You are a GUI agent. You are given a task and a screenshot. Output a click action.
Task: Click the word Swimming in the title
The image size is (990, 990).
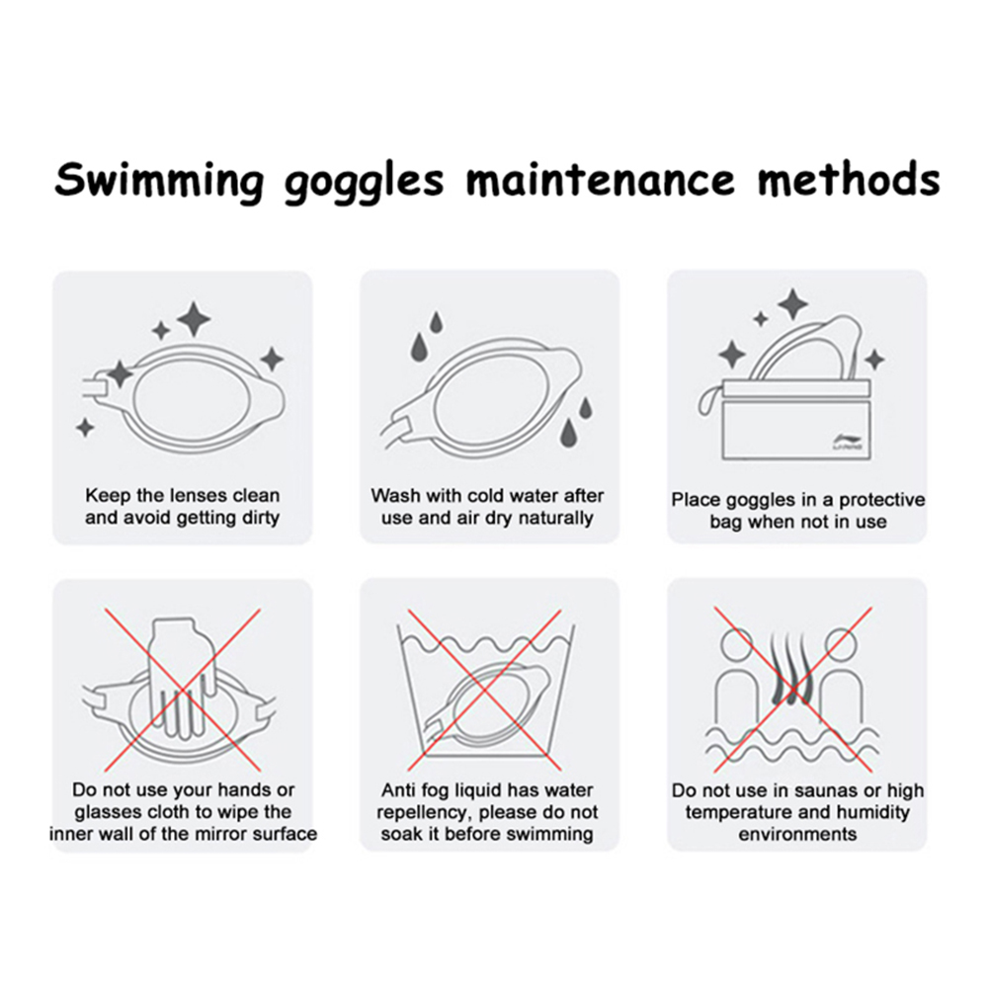click(x=158, y=181)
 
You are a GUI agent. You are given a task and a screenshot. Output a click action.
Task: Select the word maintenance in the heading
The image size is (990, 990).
click(x=601, y=179)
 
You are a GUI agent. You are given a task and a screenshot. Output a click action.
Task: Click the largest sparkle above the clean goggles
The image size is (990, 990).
click(x=194, y=319)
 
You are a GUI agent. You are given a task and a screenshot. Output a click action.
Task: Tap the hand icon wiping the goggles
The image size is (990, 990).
click(x=178, y=681)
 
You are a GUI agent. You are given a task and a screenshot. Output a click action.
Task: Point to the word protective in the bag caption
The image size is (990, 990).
click(x=882, y=499)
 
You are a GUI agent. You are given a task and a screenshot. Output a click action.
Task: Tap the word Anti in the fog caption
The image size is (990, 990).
click(x=397, y=790)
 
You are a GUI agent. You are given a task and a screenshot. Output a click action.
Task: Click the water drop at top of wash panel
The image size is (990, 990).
click(x=435, y=321)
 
